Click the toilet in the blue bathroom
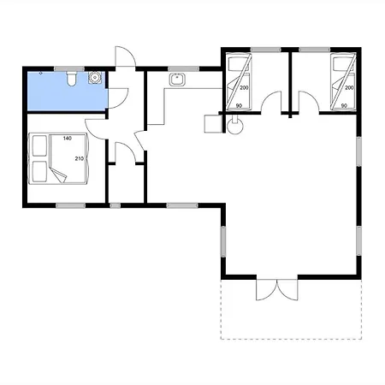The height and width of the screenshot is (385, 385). pos(71,79)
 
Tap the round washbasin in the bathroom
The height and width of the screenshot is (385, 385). pos(94,77)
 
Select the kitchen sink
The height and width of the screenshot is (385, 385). pos(177,80)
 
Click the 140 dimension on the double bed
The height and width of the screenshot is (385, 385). pos(68,139)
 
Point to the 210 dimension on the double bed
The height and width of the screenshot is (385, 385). pos(80,158)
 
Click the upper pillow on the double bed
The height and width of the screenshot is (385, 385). pos(39,145)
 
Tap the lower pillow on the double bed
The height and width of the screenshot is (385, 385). pos(39,172)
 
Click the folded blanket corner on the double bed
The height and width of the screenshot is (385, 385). pos(58,174)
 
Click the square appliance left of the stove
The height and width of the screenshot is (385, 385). pos(213,124)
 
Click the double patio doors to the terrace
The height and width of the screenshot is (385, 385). pos(277,289)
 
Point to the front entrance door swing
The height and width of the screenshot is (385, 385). pos(125,56)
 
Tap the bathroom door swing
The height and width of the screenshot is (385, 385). pos(118,98)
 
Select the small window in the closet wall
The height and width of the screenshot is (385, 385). pos(115,205)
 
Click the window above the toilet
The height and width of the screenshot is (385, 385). pos(69,68)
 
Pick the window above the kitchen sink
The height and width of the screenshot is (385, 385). pos(183,68)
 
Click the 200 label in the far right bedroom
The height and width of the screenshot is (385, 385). pos(349,88)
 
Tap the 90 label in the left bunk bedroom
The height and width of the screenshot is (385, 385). pos(239,106)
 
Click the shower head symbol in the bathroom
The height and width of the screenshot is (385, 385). pos(41,73)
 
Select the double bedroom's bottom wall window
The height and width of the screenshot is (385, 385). pos(70,205)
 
